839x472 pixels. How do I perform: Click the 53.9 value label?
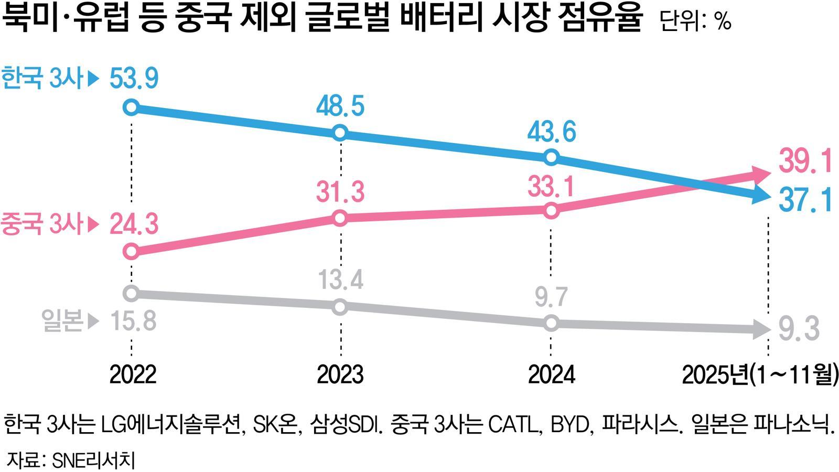pyautogui.click(x=134, y=79)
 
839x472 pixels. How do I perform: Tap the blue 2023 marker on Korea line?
pyautogui.click(x=340, y=132)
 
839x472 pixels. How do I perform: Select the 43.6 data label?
pyautogui.click(x=552, y=131)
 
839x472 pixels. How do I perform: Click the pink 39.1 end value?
pyautogui.click(x=805, y=161)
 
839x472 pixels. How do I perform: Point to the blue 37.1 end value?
pyautogui.click(x=805, y=200)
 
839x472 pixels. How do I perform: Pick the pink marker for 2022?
pyautogui.click(x=131, y=252)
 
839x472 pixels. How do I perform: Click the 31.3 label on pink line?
pyautogui.click(x=340, y=191)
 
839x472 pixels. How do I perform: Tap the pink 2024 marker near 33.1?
pyautogui.click(x=551, y=210)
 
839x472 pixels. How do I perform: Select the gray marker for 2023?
pyautogui.click(x=340, y=307)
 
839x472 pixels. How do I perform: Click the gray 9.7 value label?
pyautogui.click(x=551, y=297)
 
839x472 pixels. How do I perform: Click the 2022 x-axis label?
pyautogui.click(x=133, y=374)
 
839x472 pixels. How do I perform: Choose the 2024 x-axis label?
pyautogui.click(x=551, y=374)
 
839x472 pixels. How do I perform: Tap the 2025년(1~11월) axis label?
pyautogui.click(x=759, y=374)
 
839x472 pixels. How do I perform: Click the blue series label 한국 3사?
pyautogui.click(x=42, y=79)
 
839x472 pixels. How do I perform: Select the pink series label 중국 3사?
pyautogui.click(x=42, y=224)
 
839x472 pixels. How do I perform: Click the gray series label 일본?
pyautogui.click(x=62, y=321)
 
